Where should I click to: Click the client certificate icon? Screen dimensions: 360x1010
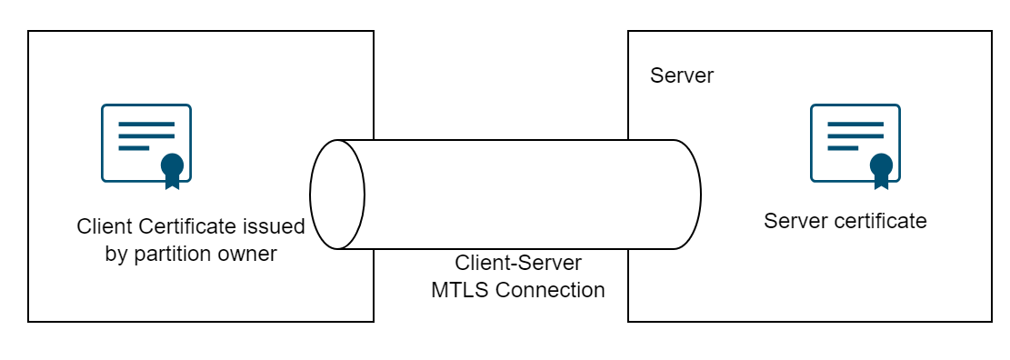click(145, 144)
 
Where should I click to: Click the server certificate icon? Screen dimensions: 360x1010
click(855, 144)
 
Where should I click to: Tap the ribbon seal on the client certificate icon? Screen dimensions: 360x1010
click(172, 167)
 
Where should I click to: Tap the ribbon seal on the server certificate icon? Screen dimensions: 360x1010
click(880, 167)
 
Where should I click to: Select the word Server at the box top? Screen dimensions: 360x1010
click(682, 75)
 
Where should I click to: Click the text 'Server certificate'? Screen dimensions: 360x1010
click(845, 221)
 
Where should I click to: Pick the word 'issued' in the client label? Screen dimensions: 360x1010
click(276, 226)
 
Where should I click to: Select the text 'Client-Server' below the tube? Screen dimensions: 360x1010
click(518, 264)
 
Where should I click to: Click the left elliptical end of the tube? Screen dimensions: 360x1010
click(337, 195)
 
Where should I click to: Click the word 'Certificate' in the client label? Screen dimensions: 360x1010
click(186, 226)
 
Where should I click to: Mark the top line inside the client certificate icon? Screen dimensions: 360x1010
click(145, 124)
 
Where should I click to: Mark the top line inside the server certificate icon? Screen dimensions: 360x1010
click(855, 124)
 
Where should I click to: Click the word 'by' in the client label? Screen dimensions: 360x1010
click(116, 255)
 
